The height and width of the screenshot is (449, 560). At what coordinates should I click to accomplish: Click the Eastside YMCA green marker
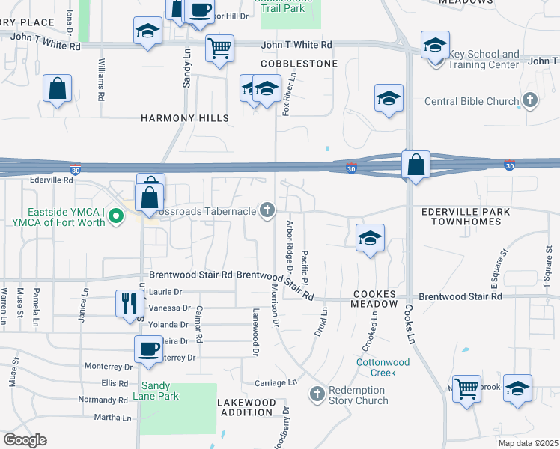point(115,217)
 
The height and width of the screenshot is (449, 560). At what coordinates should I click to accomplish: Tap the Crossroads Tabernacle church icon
point(267,211)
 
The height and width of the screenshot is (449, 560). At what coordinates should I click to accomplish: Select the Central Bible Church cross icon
point(530,100)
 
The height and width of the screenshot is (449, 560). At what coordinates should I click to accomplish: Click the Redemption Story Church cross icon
point(317,394)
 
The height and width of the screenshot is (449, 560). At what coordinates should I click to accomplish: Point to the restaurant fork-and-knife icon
point(129,303)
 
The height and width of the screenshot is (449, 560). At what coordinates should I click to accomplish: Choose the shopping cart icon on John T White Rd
point(219,48)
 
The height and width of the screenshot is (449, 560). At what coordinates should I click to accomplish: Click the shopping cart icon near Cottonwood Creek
point(467,388)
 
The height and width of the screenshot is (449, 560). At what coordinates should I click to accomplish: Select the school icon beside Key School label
point(435,44)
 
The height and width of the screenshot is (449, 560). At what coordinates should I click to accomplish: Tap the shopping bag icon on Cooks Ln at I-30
point(416,164)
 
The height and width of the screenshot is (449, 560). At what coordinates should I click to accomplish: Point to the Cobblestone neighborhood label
point(299,64)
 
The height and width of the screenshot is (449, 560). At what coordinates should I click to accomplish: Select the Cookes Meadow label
point(375,299)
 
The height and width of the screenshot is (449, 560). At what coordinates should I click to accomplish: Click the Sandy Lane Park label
point(156,391)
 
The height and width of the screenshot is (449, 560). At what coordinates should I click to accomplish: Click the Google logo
point(25,440)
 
